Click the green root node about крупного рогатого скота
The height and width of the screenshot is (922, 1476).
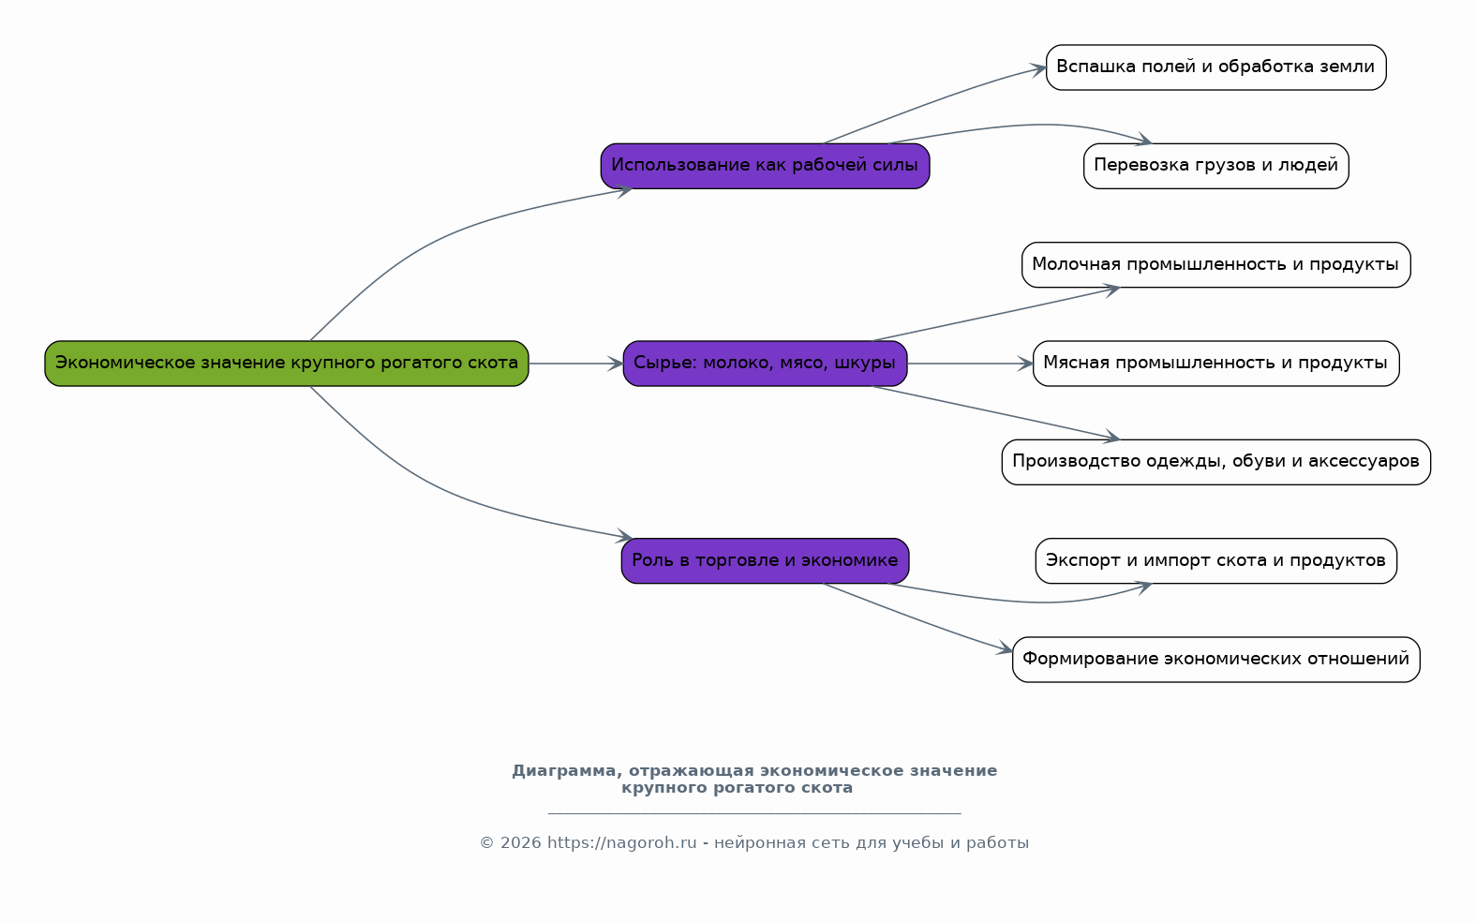[287, 364]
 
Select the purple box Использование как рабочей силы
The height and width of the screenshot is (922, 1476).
[765, 166]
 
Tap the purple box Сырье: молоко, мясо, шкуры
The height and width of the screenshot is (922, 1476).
[765, 364]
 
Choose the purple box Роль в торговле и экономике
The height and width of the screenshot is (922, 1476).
[765, 561]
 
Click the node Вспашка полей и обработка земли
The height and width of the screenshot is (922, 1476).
[1215, 67]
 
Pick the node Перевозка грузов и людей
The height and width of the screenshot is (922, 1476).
[1215, 166]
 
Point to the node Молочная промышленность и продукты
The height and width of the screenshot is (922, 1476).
[1215, 265]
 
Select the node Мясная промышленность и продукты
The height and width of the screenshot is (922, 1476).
[1215, 364]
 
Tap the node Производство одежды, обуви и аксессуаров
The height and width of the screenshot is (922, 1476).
[1215, 462]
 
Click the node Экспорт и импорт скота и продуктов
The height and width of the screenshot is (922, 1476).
[1215, 561]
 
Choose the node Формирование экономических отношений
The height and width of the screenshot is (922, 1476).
[1215, 660]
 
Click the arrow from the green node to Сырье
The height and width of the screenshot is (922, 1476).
[576, 364]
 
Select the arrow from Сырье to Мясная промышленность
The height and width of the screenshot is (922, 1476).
[970, 364]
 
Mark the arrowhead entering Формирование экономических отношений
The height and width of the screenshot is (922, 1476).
[1005, 649]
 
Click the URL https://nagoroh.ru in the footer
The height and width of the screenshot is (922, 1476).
[621, 843]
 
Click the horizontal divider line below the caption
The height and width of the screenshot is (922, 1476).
[754, 814]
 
